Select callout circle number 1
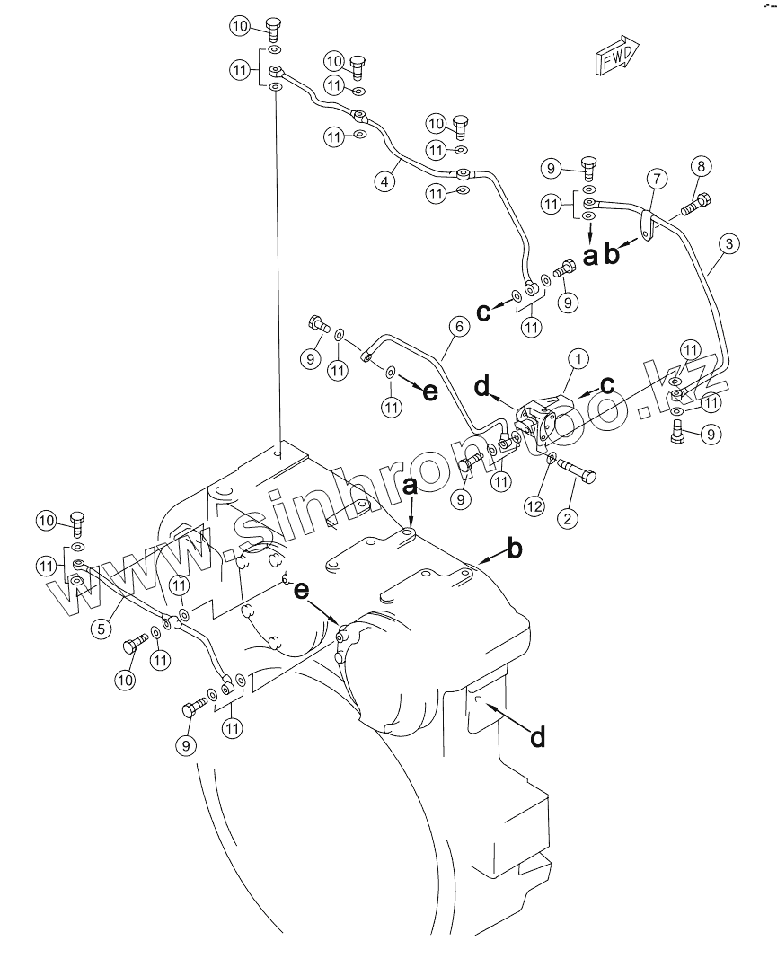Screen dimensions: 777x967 [x=578, y=358]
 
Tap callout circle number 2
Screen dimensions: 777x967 [x=567, y=517]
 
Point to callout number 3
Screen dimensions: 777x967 [x=728, y=243]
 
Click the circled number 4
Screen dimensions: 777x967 [x=384, y=182]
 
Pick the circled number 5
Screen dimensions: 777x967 [x=101, y=629]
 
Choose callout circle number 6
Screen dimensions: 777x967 [x=458, y=326]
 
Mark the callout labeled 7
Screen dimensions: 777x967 [x=657, y=179]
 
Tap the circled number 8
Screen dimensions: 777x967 [x=701, y=166]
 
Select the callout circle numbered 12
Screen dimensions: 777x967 [x=534, y=506]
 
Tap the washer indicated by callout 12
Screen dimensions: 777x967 [x=552, y=458]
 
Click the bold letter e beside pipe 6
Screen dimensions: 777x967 [x=430, y=391]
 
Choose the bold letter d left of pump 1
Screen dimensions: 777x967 [x=482, y=387]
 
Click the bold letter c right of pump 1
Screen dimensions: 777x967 [x=608, y=385]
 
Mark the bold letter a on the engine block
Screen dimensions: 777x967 [x=410, y=488]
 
